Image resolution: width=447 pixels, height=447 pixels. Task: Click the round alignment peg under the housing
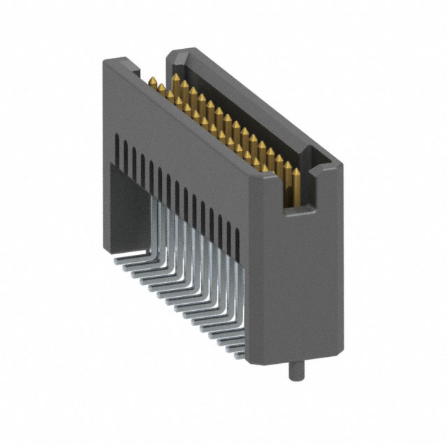coord(294,369)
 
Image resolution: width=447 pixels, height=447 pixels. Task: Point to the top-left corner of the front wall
coord(105,61)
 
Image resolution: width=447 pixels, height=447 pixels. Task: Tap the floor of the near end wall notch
coord(296,207)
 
